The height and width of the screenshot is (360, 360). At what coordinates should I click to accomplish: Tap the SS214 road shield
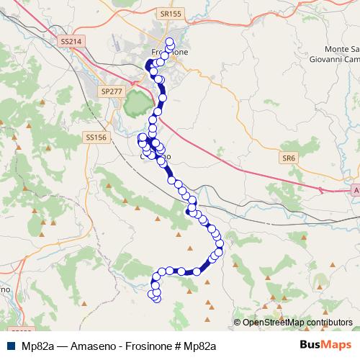[71, 42]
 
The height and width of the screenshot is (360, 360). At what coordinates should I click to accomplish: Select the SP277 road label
[112, 92]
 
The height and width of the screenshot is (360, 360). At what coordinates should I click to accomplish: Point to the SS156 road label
[96, 137]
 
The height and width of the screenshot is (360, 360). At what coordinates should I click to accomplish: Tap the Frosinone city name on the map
[170, 53]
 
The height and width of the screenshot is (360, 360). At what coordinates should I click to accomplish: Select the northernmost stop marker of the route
[170, 42]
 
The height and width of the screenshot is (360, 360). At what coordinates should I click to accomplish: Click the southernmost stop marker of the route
[156, 297]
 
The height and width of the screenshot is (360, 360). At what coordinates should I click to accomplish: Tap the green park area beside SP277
[135, 108]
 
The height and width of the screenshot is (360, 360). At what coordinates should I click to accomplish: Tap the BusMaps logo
[325, 345]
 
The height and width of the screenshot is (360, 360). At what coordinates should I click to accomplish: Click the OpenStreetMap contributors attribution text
[297, 322]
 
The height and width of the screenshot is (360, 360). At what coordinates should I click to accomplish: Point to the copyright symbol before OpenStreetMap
[238, 322]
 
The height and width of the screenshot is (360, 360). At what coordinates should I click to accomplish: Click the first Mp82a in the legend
[36, 346]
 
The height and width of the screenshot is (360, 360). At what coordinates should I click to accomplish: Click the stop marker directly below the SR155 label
[170, 42]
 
